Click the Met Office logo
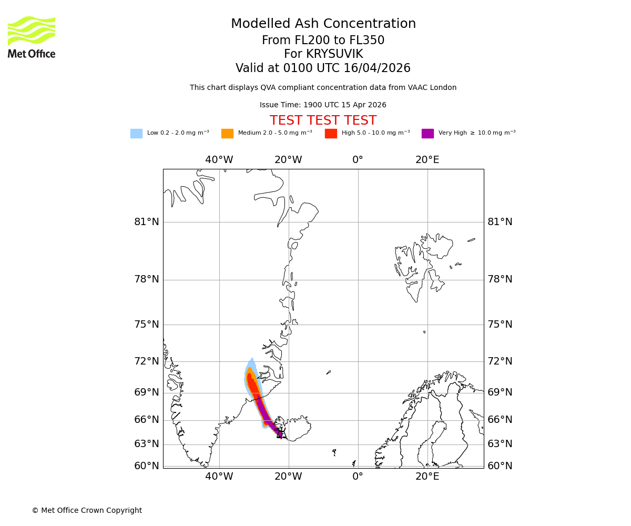[32, 37]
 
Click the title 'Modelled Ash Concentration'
[323, 24]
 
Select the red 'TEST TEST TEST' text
[323, 120]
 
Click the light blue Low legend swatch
[136, 133]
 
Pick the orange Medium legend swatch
[227, 133]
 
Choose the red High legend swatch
[331, 133]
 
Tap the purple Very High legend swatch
[428, 133]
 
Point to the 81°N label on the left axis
[147, 222]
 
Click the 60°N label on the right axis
[500, 466]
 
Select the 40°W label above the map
[219, 160]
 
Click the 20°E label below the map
[428, 477]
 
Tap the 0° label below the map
[358, 477]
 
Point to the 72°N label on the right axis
[500, 361]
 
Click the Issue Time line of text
[323, 105]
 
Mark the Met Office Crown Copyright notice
[87, 510]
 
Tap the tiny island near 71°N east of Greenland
[329, 372]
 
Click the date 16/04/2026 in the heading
[377, 68]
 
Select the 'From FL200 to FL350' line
[323, 41]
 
